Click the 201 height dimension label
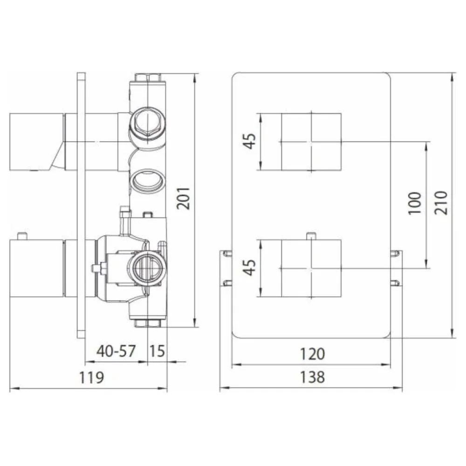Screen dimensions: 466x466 point(183,198)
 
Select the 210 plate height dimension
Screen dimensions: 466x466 point(441,203)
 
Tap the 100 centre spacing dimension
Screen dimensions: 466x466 point(415,203)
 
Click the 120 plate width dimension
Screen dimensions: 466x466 point(312,354)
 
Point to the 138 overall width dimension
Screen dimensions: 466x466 point(312,377)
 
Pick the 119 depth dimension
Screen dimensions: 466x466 point(91,377)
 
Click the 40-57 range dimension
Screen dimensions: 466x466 point(116,351)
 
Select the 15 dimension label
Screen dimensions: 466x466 point(157,351)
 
